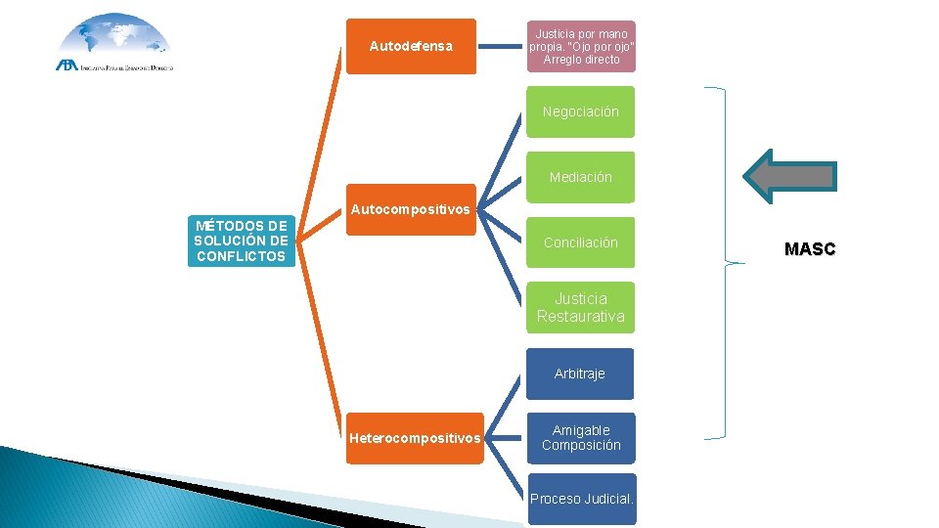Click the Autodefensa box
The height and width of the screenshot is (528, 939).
[x=411, y=46]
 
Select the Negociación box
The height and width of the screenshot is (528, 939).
[x=580, y=111]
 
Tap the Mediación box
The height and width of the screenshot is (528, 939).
[x=580, y=177]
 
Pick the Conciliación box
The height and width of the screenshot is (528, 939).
[x=580, y=242]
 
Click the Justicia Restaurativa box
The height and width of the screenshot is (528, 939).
[x=580, y=307]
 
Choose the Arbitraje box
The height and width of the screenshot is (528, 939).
[x=580, y=374]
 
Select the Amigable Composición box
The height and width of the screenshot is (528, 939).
[x=580, y=438]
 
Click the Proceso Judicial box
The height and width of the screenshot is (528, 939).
[x=582, y=499]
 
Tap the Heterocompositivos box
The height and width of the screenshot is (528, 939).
[x=415, y=438]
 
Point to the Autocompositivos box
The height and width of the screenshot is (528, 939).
[x=411, y=209]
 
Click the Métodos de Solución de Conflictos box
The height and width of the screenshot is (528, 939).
[x=241, y=242]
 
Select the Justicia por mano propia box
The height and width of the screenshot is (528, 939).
[x=581, y=46]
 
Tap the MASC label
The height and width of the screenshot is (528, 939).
[x=810, y=249]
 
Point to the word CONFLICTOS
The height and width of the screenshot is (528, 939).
[x=241, y=257]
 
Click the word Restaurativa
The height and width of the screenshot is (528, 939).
[x=580, y=317]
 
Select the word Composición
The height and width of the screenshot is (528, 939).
[x=581, y=446]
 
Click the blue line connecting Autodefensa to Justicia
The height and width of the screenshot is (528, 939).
[x=502, y=45]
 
